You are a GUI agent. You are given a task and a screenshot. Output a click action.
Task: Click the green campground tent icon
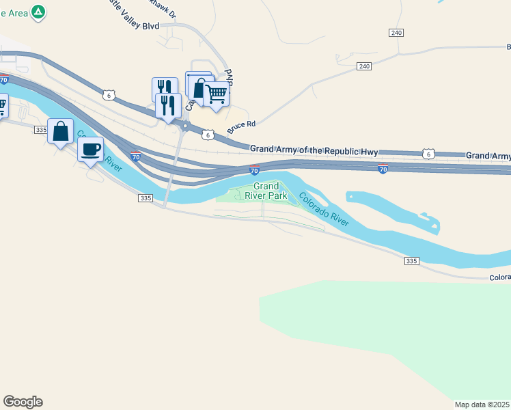(x=39, y=12)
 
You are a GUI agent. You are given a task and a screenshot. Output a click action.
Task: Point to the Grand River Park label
(x=266, y=191)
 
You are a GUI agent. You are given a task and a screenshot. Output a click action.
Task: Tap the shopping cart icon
(x=217, y=94)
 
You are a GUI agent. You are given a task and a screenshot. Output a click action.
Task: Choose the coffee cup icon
(x=91, y=149)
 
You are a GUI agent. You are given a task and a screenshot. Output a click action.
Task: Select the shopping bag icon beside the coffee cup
(x=60, y=131)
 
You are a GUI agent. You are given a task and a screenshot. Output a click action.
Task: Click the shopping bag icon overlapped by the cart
(x=197, y=87)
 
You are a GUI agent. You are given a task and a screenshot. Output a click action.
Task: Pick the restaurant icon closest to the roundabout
(x=168, y=105)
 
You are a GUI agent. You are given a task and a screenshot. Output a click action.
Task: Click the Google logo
(x=23, y=402)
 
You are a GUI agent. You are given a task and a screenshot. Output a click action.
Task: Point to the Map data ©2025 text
(x=482, y=405)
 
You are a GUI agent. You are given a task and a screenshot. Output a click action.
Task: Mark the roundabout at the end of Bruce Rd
(x=185, y=126)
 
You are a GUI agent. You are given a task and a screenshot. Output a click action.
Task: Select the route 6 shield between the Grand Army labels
(x=428, y=154)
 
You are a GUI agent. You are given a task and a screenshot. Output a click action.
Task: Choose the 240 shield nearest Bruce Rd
(x=363, y=66)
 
